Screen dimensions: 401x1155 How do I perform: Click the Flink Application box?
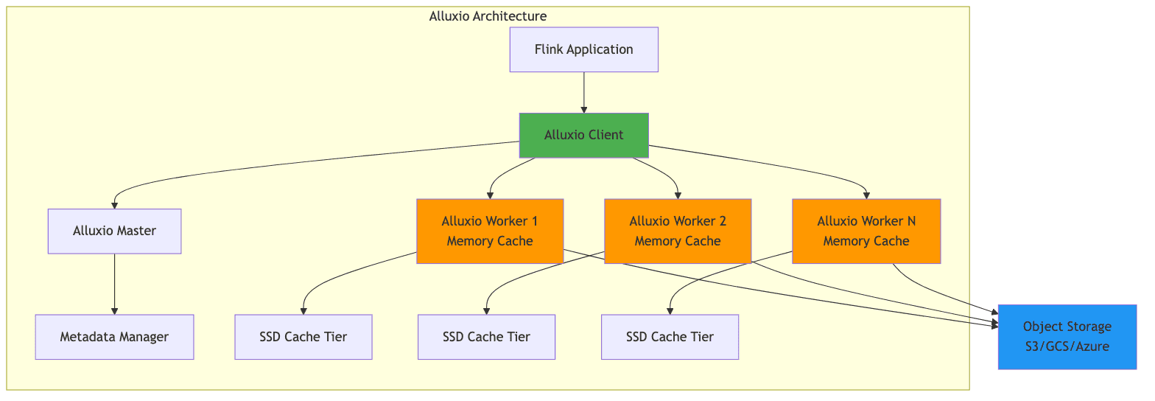[x=583, y=49]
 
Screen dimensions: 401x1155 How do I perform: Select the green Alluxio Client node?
[x=583, y=135]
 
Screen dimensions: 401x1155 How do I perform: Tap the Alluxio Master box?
[x=114, y=231]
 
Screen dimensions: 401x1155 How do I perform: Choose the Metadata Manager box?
[x=114, y=337]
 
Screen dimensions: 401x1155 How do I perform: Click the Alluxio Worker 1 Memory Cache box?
[x=490, y=231]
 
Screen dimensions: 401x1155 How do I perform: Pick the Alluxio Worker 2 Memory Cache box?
[x=678, y=231]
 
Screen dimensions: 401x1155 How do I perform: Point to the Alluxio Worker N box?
[x=866, y=231]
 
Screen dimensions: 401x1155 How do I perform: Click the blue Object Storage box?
[x=1067, y=337]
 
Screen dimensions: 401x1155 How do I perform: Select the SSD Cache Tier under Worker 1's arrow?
[x=303, y=337]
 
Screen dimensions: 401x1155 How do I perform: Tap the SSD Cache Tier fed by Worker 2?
[x=486, y=337]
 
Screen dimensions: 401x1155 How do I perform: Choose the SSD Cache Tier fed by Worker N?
[x=670, y=337]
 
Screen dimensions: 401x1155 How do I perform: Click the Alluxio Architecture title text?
[x=488, y=15]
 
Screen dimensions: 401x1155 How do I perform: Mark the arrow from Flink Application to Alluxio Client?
[x=583, y=92]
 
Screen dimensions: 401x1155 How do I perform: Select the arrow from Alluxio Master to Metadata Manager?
[x=114, y=284]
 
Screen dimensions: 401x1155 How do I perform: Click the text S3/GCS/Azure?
[x=1067, y=346]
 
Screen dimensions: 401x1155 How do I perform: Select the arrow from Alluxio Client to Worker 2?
[x=663, y=174]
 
